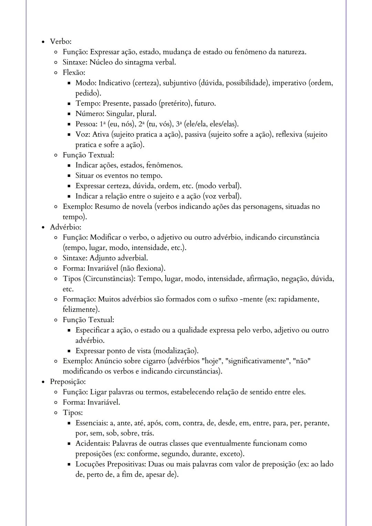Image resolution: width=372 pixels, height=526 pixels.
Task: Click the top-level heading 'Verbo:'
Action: [61, 42]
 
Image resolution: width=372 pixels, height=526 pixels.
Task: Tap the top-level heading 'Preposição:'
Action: [68, 382]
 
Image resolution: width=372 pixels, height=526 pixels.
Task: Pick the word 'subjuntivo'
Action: [179, 83]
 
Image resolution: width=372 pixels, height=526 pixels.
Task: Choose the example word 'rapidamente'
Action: [298, 299]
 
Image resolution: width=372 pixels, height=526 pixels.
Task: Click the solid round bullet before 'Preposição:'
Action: [43, 382]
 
